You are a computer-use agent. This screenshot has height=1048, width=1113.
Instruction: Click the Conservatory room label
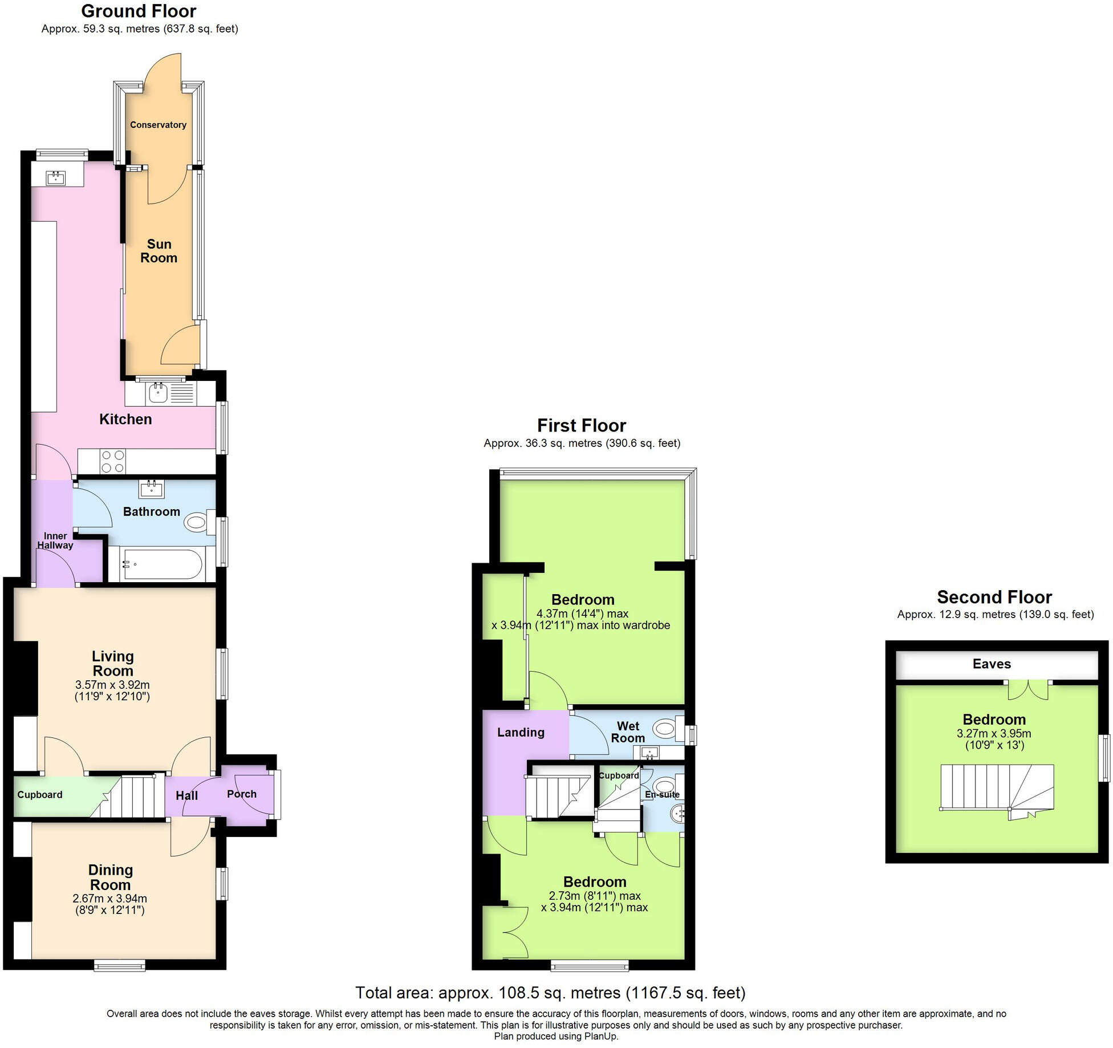click(158, 125)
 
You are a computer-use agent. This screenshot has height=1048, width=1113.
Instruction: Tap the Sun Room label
click(159, 251)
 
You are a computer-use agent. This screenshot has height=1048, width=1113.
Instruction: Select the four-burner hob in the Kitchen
click(112, 461)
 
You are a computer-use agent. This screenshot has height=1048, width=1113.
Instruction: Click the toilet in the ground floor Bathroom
click(197, 522)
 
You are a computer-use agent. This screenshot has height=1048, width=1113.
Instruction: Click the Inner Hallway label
click(55, 541)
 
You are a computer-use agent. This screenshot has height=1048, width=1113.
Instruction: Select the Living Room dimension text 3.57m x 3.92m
click(112, 684)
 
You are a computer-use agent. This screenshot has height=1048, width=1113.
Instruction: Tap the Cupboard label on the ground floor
click(40, 795)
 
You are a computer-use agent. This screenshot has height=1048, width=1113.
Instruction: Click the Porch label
click(242, 794)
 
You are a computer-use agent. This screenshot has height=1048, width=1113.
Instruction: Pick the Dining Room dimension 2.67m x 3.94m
click(110, 899)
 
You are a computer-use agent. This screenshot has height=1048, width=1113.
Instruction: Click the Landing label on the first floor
click(521, 733)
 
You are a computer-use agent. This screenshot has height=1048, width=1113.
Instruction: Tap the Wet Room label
click(628, 732)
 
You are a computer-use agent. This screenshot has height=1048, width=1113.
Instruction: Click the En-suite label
click(662, 794)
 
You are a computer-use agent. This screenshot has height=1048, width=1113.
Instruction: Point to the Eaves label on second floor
click(992, 664)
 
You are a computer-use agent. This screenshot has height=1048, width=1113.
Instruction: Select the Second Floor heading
click(994, 597)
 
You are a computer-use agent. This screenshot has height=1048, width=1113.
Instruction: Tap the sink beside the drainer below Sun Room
click(159, 393)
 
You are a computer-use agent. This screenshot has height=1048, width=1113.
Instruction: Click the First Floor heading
click(582, 425)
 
